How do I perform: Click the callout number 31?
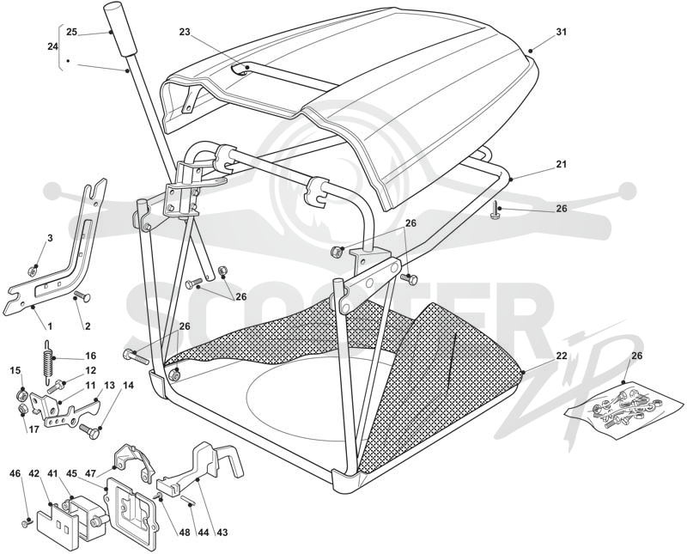(x=562, y=32)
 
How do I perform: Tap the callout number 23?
(x=185, y=32)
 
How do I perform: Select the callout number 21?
(x=562, y=164)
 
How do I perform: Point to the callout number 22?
(x=562, y=356)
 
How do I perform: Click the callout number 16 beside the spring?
(x=91, y=356)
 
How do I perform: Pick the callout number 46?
(x=15, y=473)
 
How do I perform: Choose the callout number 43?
(x=222, y=533)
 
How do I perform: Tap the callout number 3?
(x=50, y=238)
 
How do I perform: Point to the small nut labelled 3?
(x=31, y=271)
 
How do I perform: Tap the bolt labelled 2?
(x=82, y=296)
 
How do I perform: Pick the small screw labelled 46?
(x=26, y=523)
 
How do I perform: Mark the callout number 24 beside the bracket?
(x=52, y=46)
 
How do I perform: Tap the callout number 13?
(x=109, y=386)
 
